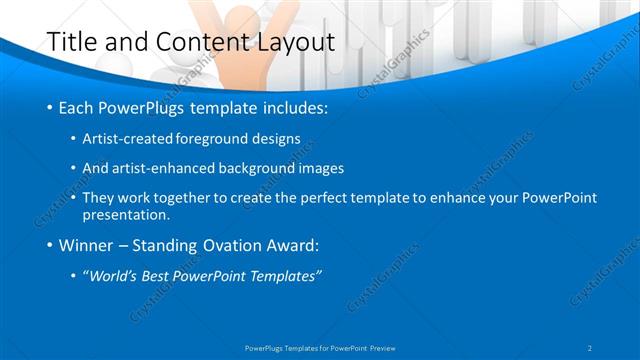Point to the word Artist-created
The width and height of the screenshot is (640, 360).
(x=124, y=139)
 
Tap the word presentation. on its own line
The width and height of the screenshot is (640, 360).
(x=126, y=214)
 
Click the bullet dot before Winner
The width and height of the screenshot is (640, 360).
(x=50, y=246)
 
